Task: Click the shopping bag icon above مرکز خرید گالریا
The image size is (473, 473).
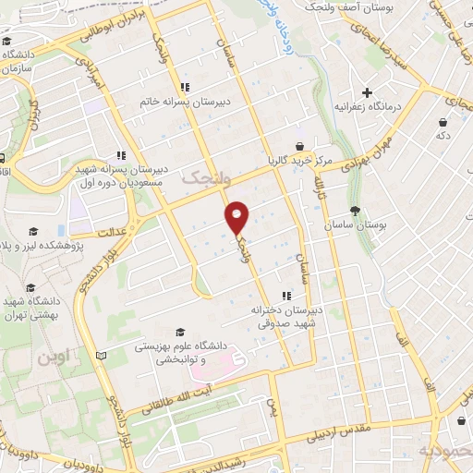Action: (300, 146)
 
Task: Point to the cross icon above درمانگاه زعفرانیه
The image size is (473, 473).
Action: (368, 92)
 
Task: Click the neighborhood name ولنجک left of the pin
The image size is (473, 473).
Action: (202, 176)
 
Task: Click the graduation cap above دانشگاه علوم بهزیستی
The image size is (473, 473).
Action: (180, 331)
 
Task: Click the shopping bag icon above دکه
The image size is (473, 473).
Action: (443, 121)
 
